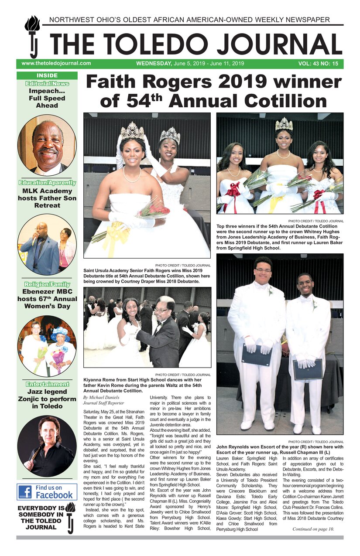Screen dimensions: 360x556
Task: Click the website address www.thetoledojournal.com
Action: coord(56,63)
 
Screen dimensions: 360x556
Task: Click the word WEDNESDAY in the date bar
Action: coord(154,64)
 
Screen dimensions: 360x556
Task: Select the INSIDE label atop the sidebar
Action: coord(47,75)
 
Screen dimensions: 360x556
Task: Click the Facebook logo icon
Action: coord(24,492)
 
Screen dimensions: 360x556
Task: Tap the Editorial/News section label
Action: coord(47,83)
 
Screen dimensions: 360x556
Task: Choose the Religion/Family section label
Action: coord(47,284)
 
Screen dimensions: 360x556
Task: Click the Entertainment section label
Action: coord(47,384)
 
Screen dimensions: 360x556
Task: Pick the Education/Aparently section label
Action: coord(47,183)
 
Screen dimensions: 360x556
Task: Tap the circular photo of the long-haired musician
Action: coord(47,446)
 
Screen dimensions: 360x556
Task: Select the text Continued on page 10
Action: coord(313,529)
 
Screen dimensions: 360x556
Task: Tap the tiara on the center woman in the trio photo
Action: coord(283,124)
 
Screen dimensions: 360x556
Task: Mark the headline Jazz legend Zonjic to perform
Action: coord(47,399)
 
